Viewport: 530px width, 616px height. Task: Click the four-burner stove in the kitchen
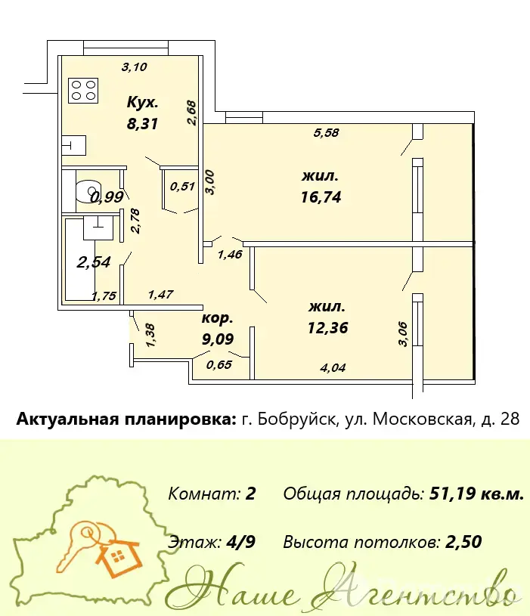tap(83, 91)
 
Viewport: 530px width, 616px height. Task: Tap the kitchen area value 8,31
tap(142, 124)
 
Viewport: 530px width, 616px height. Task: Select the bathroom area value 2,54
tap(94, 262)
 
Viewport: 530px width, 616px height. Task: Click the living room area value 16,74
tap(321, 197)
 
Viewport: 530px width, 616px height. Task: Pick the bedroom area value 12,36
tap(327, 327)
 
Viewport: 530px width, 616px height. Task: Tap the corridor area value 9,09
tap(218, 339)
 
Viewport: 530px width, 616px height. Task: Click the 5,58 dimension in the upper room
tap(326, 133)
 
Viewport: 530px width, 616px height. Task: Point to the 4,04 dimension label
tap(333, 368)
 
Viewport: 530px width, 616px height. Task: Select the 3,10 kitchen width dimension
tap(135, 67)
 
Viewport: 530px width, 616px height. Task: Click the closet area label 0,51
tap(182, 186)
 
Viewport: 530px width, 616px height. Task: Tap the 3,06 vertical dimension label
tap(403, 334)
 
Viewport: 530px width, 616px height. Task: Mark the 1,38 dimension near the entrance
tap(151, 335)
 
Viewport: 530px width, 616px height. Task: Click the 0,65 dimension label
tap(219, 364)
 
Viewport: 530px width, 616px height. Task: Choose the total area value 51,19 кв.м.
tap(477, 494)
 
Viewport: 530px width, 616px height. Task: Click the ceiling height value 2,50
tap(463, 542)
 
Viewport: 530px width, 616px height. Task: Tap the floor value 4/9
tap(241, 542)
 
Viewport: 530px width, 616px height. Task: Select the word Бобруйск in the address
tap(297, 419)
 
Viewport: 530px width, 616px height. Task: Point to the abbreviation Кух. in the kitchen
tap(142, 103)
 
